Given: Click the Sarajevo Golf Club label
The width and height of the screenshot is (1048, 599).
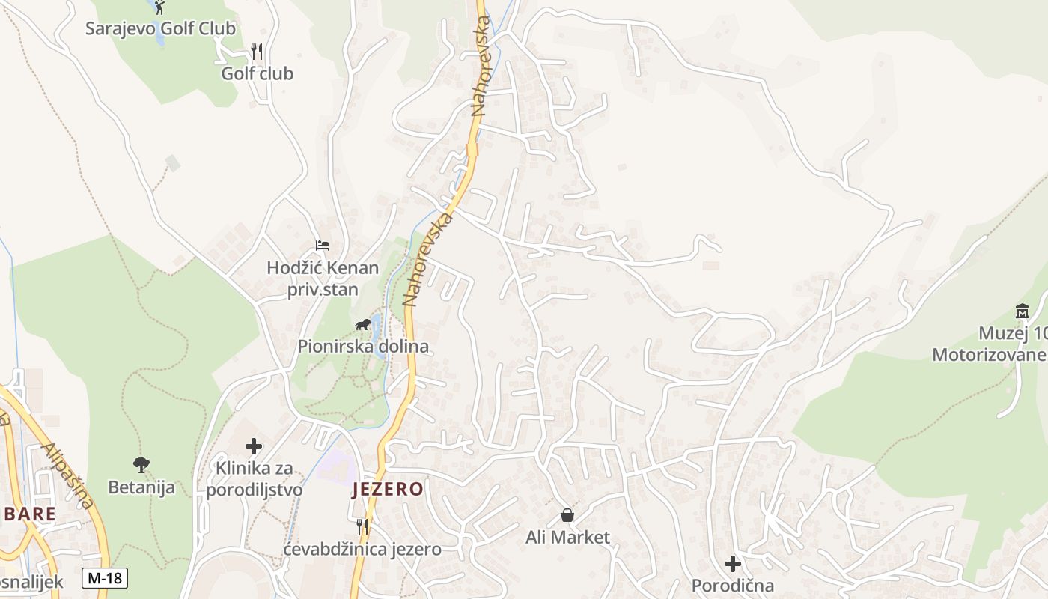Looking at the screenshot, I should pyautogui.click(x=160, y=29).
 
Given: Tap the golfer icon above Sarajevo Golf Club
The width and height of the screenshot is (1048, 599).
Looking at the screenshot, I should pyautogui.click(x=159, y=7).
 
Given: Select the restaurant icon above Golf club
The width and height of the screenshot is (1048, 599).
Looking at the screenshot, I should pyautogui.click(x=257, y=52).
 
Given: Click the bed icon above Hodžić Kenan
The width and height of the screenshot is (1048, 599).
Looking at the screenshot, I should pyautogui.click(x=323, y=246).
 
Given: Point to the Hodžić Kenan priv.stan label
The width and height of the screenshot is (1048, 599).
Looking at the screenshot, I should pyautogui.click(x=323, y=279).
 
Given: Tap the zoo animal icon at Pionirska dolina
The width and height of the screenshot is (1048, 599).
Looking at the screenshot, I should pyautogui.click(x=363, y=325).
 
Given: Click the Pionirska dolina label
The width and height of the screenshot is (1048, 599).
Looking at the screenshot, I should pyautogui.click(x=363, y=347).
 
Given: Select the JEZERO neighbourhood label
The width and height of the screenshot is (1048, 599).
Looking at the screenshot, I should pyautogui.click(x=388, y=490).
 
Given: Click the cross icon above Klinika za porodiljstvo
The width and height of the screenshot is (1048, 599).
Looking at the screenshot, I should pyautogui.click(x=254, y=447).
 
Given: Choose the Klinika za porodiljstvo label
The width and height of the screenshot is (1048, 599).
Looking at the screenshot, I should pyautogui.click(x=255, y=479).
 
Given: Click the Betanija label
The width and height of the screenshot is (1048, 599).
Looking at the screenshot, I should pyautogui.click(x=141, y=487).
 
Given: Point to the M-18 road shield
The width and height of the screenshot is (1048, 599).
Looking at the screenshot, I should pyautogui.click(x=105, y=578).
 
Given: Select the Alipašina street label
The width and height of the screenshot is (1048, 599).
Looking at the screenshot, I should pyautogui.click(x=69, y=475).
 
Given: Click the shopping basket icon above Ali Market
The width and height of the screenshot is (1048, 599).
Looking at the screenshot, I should pyautogui.click(x=567, y=515).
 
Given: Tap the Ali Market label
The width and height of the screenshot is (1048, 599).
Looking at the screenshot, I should pyautogui.click(x=567, y=538).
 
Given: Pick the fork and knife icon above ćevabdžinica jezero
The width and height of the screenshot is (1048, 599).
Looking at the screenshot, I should pyautogui.click(x=362, y=527).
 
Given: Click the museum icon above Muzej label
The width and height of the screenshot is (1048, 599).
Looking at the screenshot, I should pyautogui.click(x=1023, y=311).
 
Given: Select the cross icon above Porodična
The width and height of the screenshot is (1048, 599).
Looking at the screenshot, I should pyautogui.click(x=733, y=564).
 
